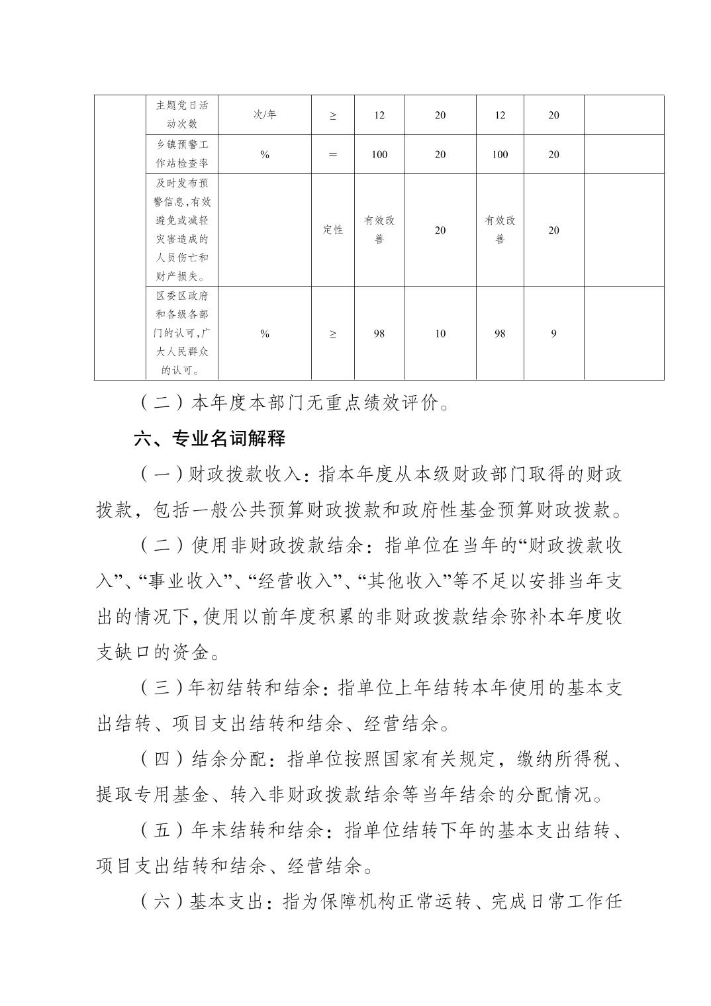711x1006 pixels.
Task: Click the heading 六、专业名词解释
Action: tap(209, 438)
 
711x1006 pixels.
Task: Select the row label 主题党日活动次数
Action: tap(181, 114)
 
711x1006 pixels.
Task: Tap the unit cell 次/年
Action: tap(264, 114)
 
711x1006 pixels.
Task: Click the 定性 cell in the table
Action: tap(332, 230)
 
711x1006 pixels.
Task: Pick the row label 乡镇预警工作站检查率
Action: tap(181, 154)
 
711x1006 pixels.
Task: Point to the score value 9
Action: tap(553, 334)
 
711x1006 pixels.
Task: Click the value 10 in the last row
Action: tap(440, 334)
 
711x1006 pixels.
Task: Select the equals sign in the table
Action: tap(332, 154)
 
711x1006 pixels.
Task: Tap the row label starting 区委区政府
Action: tap(181, 333)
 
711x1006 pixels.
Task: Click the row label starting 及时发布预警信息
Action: tap(181, 230)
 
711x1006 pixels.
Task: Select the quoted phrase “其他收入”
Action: tap(404, 582)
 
